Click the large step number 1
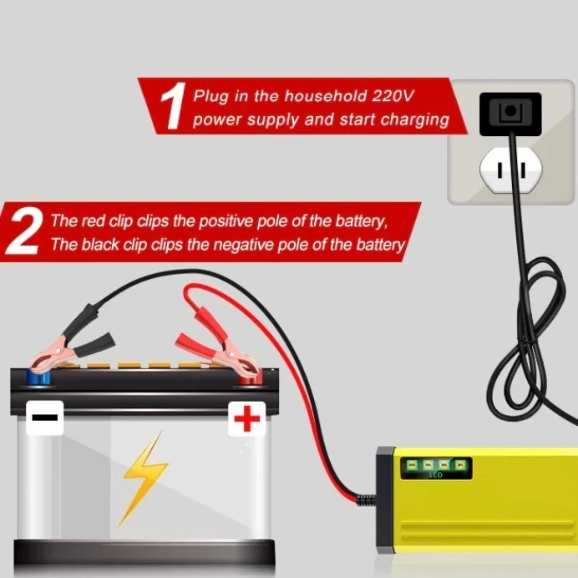pos(174,106)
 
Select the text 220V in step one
pos(393,96)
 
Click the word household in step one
pos(326,96)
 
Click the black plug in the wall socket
pos(510,114)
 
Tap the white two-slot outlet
pos(510,170)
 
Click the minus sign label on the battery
pos(44,418)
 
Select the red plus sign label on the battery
pos(246,418)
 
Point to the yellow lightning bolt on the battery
pos(144,478)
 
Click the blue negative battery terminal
pos(38,378)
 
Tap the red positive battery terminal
pos(249,378)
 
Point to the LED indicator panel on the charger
pos(436,469)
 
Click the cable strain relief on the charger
pos(367,500)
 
